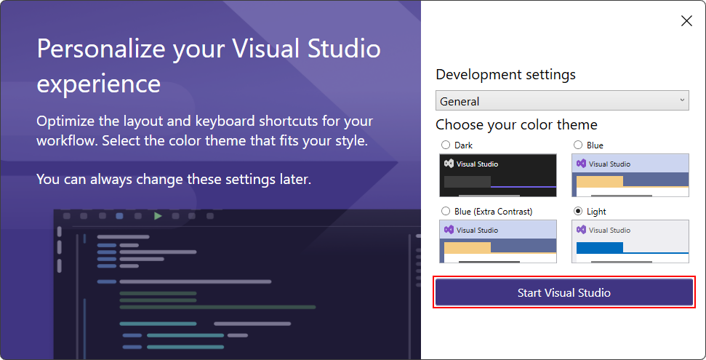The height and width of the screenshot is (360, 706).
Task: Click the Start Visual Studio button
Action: [x=563, y=293]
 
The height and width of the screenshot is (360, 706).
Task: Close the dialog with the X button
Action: [x=686, y=21]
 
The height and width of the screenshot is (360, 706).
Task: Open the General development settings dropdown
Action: [x=561, y=101]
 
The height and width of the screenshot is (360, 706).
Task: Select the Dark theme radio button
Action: [x=445, y=145]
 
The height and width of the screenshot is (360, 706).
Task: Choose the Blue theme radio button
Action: [x=578, y=145]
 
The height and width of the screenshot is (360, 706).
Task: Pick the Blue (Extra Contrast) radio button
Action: [x=445, y=212]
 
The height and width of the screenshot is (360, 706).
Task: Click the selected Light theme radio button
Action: [x=578, y=212]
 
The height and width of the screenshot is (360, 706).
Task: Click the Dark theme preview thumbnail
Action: [x=497, y=175]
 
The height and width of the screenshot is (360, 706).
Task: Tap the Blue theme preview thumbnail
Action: [x=630, y=175]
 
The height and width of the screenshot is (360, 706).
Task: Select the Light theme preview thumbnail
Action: [x=630, y=241]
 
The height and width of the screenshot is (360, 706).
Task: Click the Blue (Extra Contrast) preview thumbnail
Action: [x=497, y=241]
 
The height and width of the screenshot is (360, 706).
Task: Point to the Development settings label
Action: [x=505, y=74]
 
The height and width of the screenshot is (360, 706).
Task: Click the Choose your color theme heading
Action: [x=516, y=124]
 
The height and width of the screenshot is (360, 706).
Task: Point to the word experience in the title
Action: [x=98, y=83]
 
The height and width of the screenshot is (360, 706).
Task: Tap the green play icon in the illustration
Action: [x=158, y=216]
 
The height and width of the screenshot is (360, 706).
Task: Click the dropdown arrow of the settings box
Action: [x=682, y=100]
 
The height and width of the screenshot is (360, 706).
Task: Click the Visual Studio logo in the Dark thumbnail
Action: [x=449, y=164]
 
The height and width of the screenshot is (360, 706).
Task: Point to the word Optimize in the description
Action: [x=65, y=121]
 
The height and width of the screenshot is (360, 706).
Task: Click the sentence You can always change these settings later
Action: [x=174, y=178]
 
